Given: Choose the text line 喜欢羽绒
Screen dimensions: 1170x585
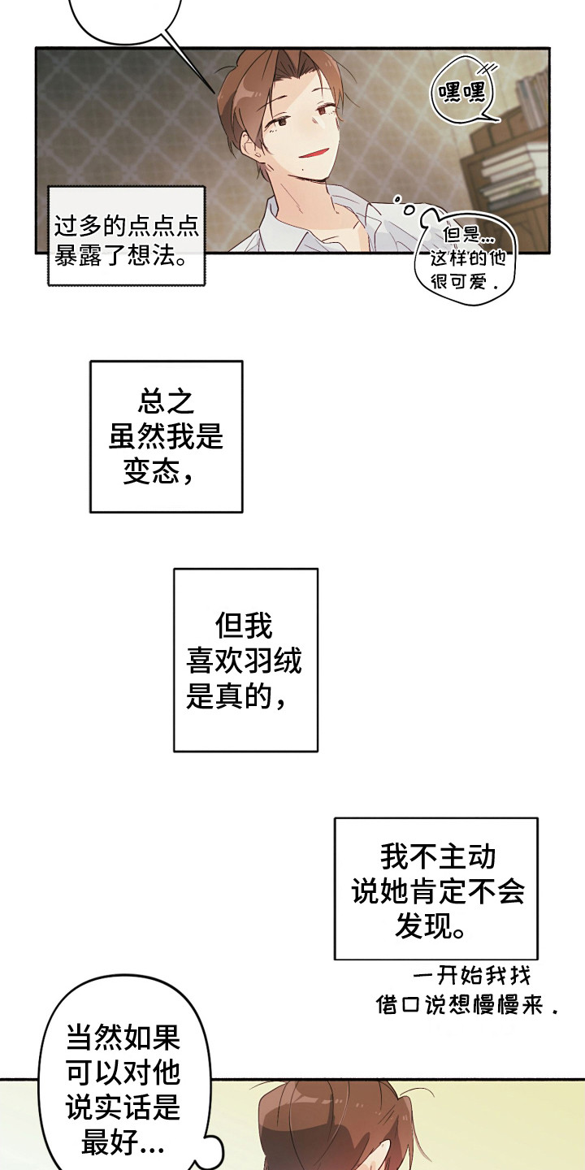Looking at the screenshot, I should coord(244,661).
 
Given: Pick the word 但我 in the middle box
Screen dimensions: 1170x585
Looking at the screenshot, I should coord(245,626).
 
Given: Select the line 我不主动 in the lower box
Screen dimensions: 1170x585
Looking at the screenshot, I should coord(438,856).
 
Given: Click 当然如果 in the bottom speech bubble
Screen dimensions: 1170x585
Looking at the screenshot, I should coord(123,1039).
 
